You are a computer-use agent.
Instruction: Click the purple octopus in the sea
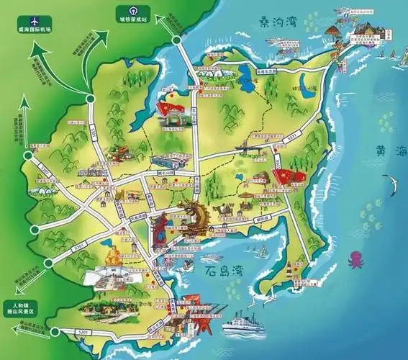click(x=355, y=258)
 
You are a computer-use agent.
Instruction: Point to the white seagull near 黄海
click(x=394, y=189)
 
